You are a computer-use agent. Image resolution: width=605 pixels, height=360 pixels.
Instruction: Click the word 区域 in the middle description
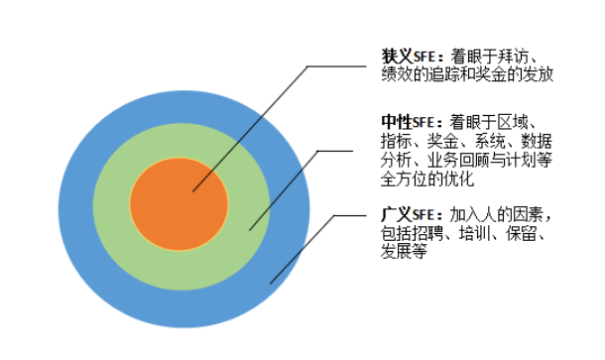coord(524,120)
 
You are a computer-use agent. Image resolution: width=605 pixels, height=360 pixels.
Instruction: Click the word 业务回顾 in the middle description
coord(462,160)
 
